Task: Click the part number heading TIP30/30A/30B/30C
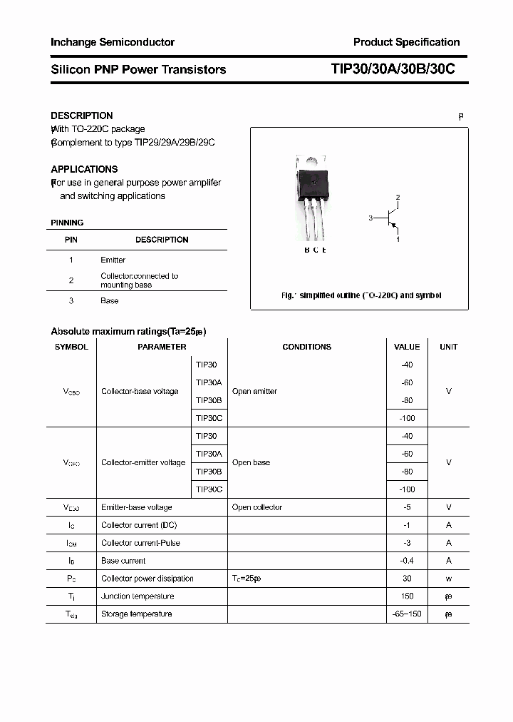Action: click(x=393, y=69)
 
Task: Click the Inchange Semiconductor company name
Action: click(x=113, y=42)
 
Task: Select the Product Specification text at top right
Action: click(x=406, y=42)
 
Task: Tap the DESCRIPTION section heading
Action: click(x=82, y=116)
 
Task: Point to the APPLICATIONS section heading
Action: click(x=84, y=169)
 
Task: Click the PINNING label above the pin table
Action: click(x=67, y=223)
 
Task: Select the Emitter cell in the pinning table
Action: click(x=113, y=260)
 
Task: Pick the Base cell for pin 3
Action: click(x=110, y=300)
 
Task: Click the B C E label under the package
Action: click(x=315, y=250)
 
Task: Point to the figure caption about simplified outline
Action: click(x=361, y=295)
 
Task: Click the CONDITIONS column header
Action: click(x=306, y=347)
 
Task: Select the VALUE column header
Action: click(x=407, y=347)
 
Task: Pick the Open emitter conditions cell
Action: click(x=254, y=391)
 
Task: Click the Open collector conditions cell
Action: click(x=257, y=507)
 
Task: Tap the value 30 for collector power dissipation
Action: click(x=407, y=579)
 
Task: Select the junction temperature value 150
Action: click(x=407, y=596)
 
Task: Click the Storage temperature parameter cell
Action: click(x=136, y=614)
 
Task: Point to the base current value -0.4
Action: click(x=407, y=561)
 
